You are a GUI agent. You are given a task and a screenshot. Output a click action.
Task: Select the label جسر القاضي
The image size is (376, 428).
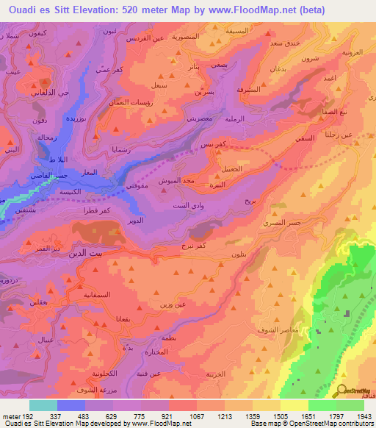29,177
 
